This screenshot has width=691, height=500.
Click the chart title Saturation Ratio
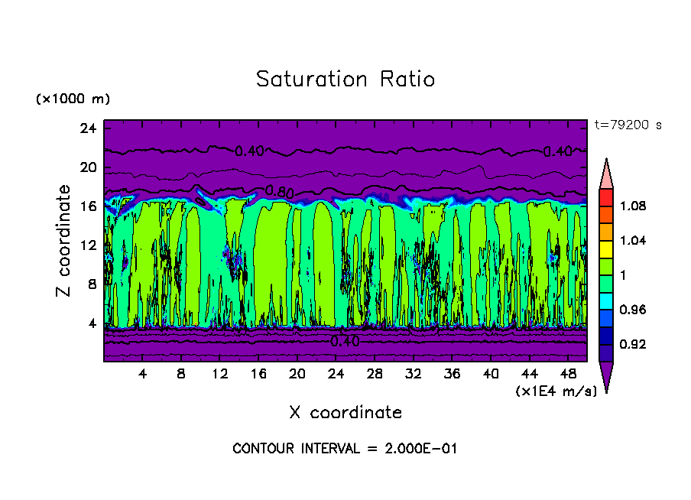click(x=345, y=79)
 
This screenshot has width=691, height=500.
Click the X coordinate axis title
click(x=345, y=412)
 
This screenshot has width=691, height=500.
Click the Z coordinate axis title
click(x=64, y=241)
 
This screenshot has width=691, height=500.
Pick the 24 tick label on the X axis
click(x=336, y=375)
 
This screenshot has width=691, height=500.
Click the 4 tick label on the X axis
click(x=143, y=375)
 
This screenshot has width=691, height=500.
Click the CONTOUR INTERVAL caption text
click(x=345, y=449)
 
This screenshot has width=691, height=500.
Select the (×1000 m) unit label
click(x=73, y=99)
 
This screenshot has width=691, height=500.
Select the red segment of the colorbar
click(x=606, y=196)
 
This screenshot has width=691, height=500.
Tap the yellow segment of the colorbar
click(x=606, y=248)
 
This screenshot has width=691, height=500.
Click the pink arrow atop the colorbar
click(x=606, y=173)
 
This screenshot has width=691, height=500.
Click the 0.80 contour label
click(x=280, y=190)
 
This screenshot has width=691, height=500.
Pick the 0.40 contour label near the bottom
click(x=345, y=341)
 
